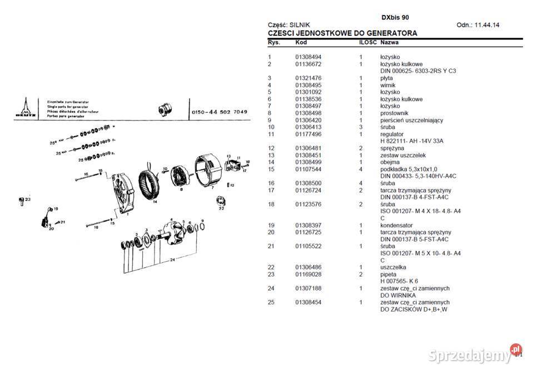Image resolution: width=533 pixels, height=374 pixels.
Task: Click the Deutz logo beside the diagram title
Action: [24, 107]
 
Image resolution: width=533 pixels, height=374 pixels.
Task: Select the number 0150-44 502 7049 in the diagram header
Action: [219, 112]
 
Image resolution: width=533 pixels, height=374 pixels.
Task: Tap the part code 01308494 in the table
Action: [308, 57]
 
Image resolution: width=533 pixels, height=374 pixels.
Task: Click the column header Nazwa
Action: [390, 43]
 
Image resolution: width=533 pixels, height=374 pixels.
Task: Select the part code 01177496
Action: [308, 134]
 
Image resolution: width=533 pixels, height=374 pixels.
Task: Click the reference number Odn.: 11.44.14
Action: [477, 25]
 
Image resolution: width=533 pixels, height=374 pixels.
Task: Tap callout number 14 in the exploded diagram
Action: [155, 202]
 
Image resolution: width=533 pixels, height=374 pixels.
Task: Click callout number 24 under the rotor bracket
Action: [173, 260]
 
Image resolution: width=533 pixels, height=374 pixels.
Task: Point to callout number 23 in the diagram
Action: [27, 198]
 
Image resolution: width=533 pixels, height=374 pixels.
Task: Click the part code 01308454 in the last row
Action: [308, 302]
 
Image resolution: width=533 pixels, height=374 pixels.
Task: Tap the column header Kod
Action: [301, 43]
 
